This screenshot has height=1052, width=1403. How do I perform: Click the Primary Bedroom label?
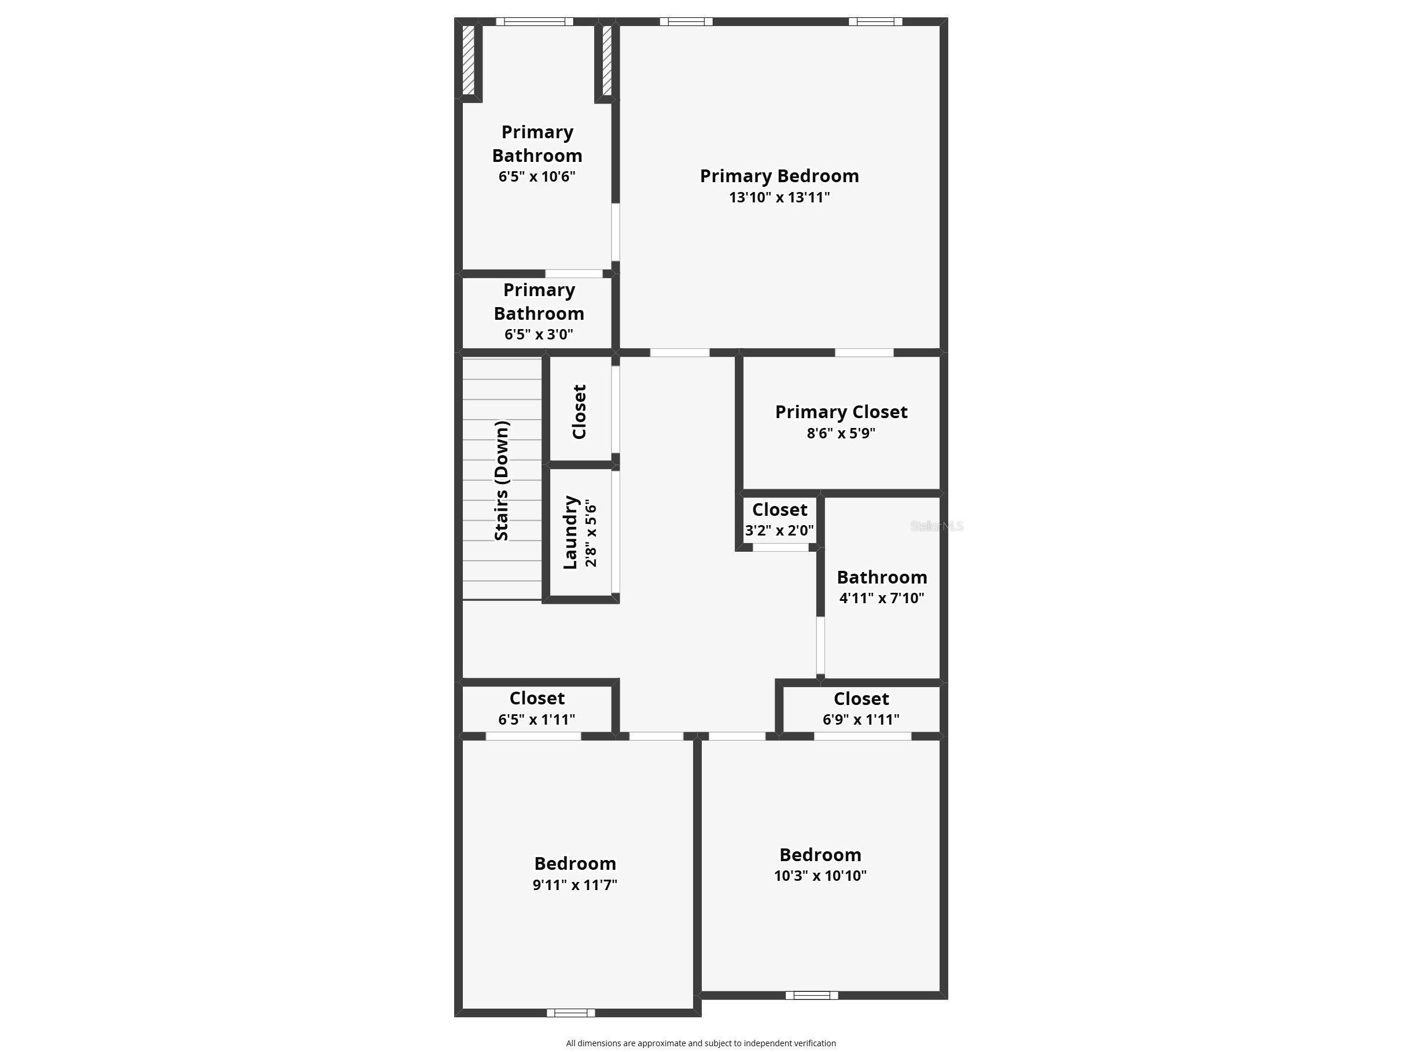[x=779, y=176]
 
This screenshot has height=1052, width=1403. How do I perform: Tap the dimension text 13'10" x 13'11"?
[x=779, y=197]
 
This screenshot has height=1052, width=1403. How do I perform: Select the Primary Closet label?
[x=841, y=412]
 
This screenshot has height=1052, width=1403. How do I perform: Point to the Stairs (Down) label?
[x=501, y=481]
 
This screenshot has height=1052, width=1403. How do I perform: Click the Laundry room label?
[x=570, y=532]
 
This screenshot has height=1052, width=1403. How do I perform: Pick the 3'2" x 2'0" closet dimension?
[x=779, y=530]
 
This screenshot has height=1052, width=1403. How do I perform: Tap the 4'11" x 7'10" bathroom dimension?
[x=882, y=598]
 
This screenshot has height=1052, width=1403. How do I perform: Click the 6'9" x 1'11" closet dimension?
[x=861, y=719]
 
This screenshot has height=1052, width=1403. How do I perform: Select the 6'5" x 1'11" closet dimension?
[x=536, y=719]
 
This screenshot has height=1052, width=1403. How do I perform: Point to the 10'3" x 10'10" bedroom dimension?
[x=820, y=876]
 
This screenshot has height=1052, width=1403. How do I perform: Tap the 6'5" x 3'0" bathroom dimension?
[x=539, y=334]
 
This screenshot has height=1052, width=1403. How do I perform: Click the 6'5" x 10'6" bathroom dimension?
[x=536, y=176]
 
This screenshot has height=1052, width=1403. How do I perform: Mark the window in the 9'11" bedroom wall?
[x=571, y=1013]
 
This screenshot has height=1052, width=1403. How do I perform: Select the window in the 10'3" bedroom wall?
[x=812, y=995]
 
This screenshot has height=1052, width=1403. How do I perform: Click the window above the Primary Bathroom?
[x=535, y=21]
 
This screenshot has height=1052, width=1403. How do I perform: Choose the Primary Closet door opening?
[x=864, y=353]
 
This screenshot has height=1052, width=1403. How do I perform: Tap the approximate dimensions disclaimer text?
[x=701, y=1043]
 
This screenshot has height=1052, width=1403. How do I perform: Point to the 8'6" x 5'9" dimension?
[x=841, y=433]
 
